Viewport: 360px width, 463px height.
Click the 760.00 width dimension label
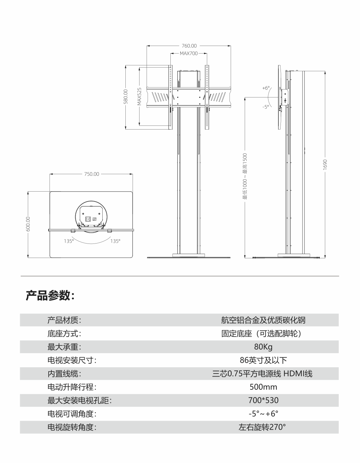[x=189, y=46]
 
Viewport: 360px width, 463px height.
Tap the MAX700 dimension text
[x=189, y=53]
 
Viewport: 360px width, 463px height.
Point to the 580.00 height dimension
[x=126, y=97]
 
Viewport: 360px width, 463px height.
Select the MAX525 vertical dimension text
[x=139, y=96]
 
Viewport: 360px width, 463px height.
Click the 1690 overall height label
[x=325, y=165]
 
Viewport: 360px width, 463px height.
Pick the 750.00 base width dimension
[x=91, y=174]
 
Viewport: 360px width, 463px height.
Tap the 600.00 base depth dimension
[x=28, y=224]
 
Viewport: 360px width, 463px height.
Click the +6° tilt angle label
[x=266, y=88]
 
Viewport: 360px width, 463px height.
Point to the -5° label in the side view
[x=265, y=107]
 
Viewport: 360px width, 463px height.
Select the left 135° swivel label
[x=69, y=241]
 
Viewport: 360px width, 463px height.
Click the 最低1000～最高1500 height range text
[x=245, y=176]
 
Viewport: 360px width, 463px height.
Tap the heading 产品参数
[x=50, y=295]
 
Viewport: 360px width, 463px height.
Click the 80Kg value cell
[x=263, y=347]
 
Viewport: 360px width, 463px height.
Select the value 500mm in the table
[x=263, y=387]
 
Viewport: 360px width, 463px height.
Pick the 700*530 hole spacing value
[x=263, y=400]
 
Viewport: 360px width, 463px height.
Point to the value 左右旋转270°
[x=262, y=427]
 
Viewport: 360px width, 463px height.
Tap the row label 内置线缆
[x=64, y=374]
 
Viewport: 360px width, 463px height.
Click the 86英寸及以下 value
[x=263, y=360]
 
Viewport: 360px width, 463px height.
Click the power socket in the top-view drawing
[x=88, y=219]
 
